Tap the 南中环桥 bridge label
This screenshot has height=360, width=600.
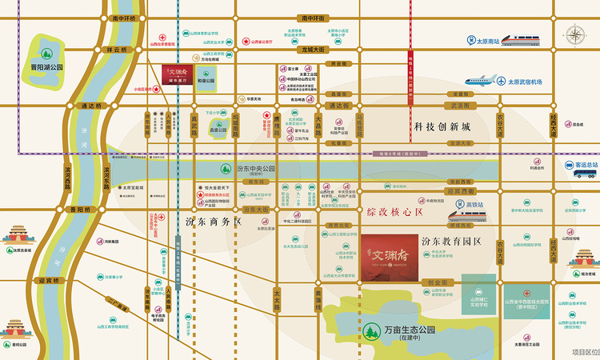(x=124, y=18)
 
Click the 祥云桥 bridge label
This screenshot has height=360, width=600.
(x=117, y=50)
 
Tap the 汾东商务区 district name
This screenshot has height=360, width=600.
(x=213, y=221)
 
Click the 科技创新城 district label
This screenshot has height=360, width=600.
(x=442, y=127)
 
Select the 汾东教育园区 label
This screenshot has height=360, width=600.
(x=452, y=241)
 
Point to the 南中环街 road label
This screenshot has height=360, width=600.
(x=314, y=18)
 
